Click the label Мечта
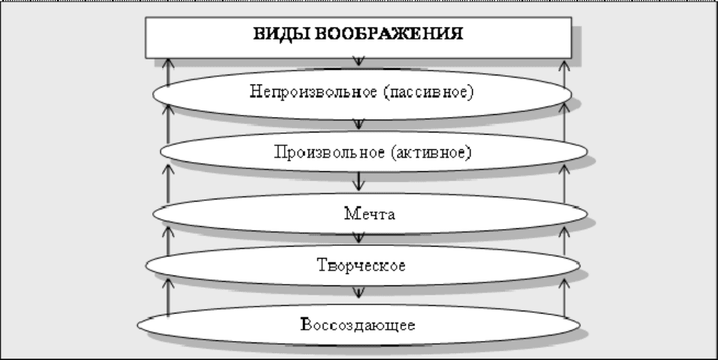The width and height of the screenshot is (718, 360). click(369, 213)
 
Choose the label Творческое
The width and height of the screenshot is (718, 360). click(362, 265)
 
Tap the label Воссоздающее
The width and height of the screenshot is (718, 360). click(359, 325)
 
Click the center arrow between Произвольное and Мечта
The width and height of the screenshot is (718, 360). click(359, 181)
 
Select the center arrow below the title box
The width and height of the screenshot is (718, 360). click(359, 62)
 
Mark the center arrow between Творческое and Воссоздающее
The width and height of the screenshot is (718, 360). click(359, 293)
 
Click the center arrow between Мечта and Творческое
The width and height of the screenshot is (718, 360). click(359, 237)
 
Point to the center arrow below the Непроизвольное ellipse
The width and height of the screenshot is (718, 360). click(359, 124)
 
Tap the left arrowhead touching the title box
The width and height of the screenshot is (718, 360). click(168, 64)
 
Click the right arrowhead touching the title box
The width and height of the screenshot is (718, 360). click(565, 64)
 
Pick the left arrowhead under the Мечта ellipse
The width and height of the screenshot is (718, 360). click(168, 232)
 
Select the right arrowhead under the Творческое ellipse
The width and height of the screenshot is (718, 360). click(565, 284)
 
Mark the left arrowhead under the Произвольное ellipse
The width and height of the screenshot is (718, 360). click(168, 170)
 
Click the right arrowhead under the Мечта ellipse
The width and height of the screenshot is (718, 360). click(565, 232)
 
